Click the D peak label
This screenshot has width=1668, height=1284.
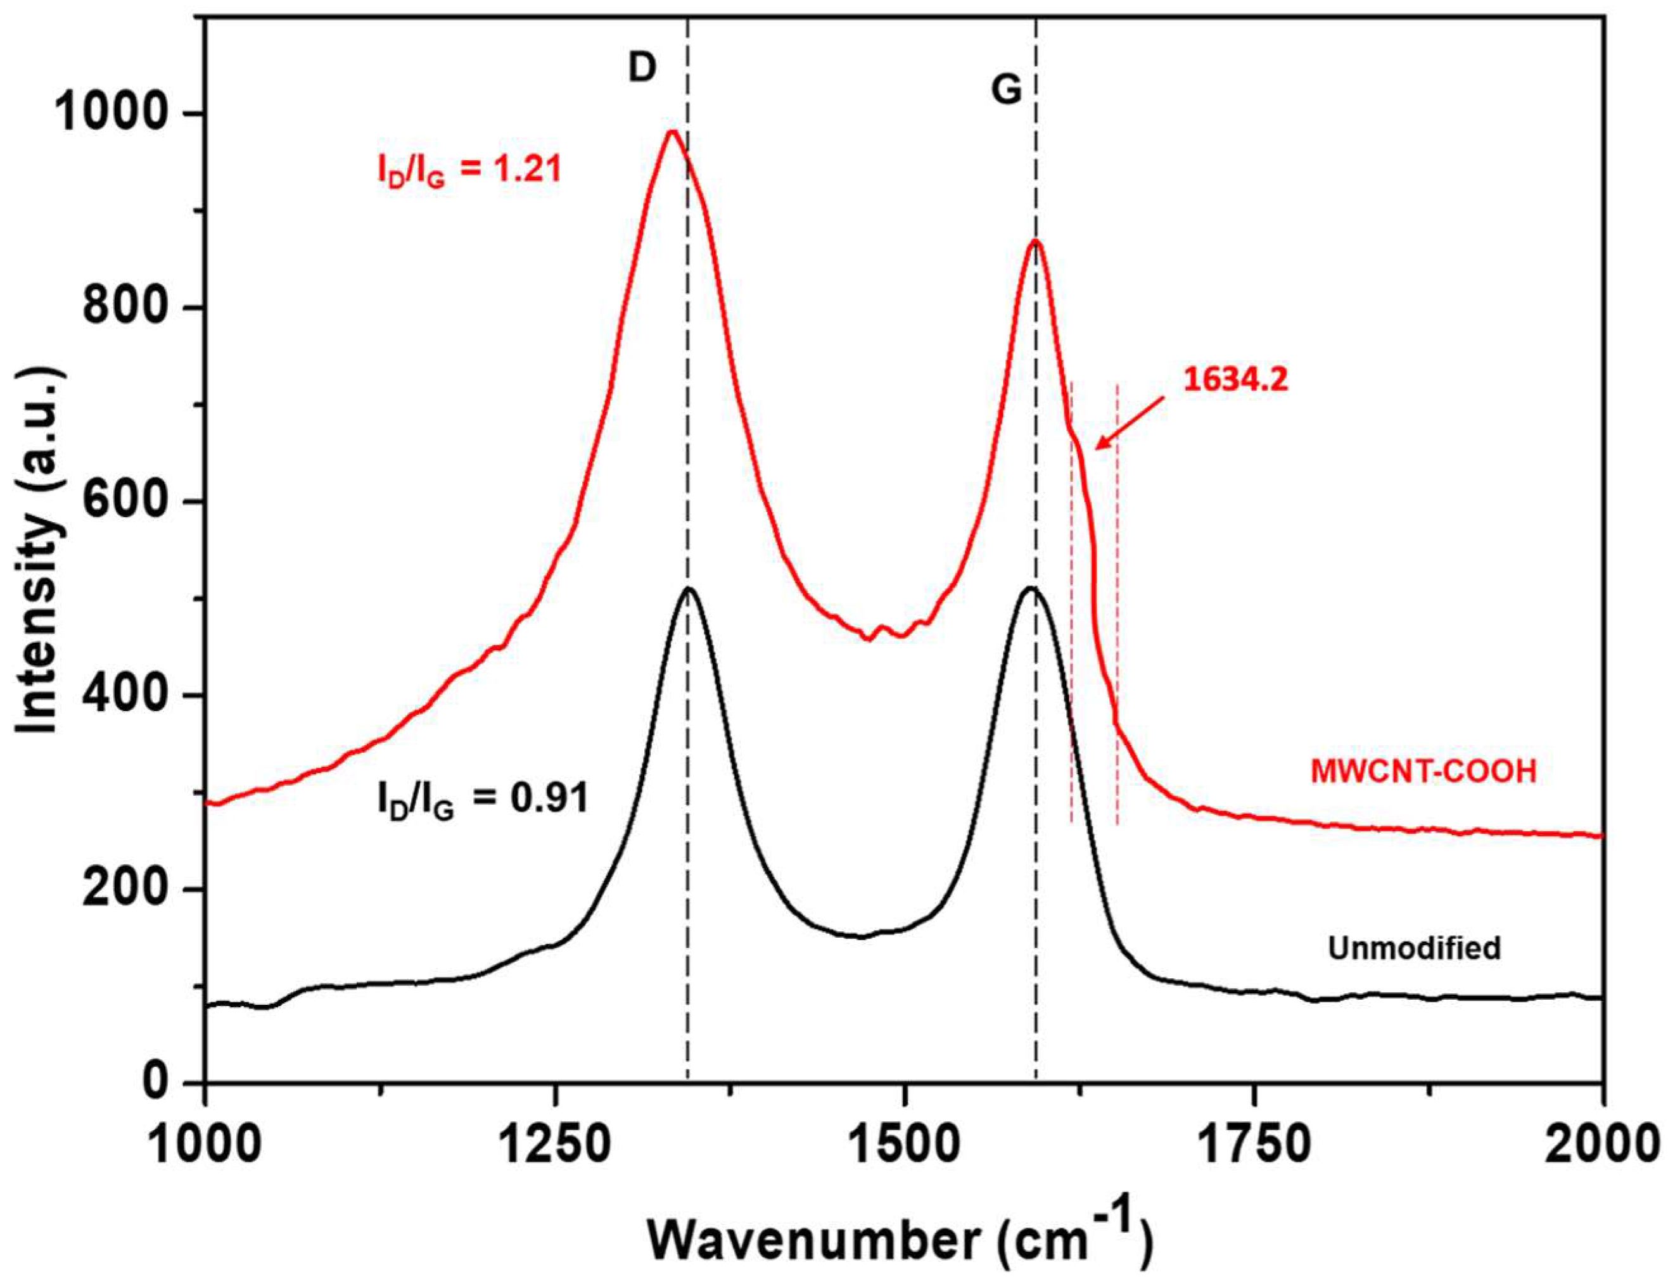(x=642, y=69)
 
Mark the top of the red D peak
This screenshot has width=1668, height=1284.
(x=672, y=132)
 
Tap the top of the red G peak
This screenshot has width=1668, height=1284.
(x=1035, y=241)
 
